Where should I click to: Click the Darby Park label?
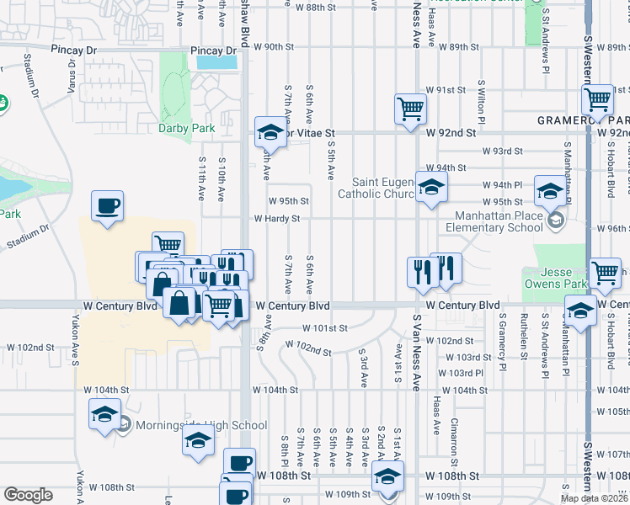point(187,129)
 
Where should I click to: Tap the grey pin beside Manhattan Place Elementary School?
point(556,221)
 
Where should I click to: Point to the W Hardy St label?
point(277,219)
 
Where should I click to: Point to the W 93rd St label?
point(503,151)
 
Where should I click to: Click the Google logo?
point(28,495)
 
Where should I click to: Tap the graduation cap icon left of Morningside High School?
point(104,414)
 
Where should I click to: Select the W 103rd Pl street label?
point(466,373)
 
